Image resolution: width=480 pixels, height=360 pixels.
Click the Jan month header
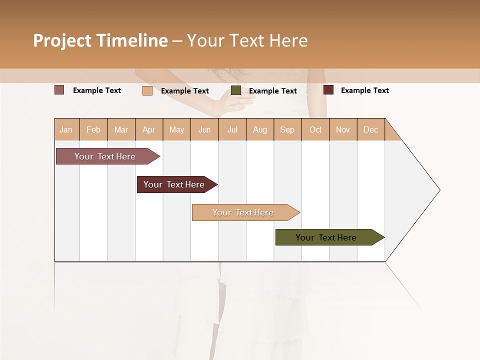66,130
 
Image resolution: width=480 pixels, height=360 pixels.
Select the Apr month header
149,130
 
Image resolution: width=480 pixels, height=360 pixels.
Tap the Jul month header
232,130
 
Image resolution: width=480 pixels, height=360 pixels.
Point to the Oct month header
315,130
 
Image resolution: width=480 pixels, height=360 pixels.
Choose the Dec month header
370,130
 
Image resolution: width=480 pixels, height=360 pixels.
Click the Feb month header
93,130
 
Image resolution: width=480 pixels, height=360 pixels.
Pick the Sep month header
287,130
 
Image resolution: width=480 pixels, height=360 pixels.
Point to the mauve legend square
59,90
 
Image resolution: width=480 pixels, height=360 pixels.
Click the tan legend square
147,90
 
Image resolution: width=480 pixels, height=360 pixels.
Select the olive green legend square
236,90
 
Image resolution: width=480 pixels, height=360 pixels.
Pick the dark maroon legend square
328,90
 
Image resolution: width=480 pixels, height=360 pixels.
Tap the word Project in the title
62,40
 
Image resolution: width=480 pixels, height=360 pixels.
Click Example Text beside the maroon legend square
364,90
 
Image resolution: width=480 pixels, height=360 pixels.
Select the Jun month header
204,130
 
